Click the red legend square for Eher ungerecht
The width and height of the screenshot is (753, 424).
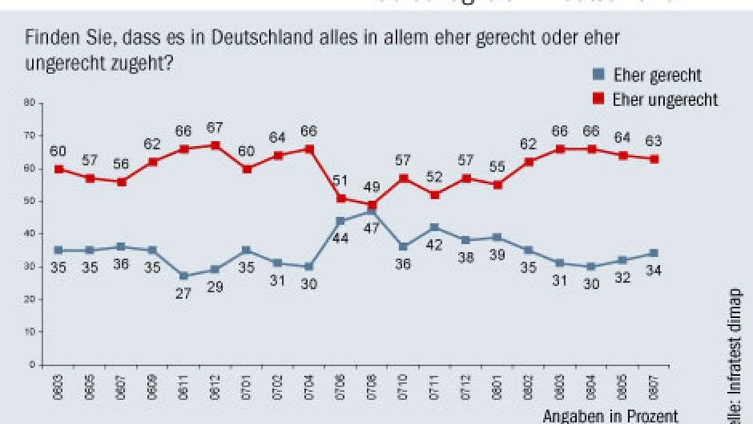599,99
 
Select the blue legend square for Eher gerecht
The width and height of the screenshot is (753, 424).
599,75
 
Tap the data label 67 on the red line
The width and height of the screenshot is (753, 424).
215,128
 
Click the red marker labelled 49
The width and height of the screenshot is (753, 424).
372,205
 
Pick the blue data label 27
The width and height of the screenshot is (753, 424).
184,294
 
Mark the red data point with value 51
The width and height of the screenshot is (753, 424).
341,198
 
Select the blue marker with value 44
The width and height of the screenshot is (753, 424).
341,221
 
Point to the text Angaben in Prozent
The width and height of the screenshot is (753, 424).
610,415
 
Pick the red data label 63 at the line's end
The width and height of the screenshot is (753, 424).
654,141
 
